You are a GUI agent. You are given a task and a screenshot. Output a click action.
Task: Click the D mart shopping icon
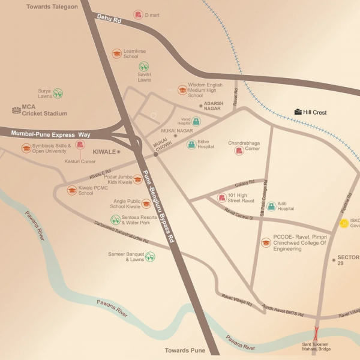[x=139, y=14]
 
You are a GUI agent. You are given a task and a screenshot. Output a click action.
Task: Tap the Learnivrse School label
[x=131, y=54]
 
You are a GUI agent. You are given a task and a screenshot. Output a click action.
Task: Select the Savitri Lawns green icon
[x=144, y=67]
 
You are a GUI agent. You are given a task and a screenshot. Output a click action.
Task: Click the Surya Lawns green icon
[x=58, y=93]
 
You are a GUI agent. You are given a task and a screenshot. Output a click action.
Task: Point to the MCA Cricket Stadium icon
[x=16, y=110]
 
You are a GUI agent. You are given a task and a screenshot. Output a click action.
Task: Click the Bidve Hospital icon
[x=191, y=145]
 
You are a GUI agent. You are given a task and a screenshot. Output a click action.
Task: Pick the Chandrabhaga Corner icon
[x=239, y=151]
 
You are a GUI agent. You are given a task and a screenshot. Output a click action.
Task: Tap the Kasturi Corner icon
[x=80, y=145]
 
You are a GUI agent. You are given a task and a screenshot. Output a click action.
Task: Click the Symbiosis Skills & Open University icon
[x=26, y=148]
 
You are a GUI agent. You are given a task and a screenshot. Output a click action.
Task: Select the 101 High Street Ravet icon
[x=222, y=197]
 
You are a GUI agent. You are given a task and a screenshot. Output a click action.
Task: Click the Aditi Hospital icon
[x=271, y=206]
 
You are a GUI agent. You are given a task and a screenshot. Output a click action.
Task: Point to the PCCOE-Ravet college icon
[x=266, y=242]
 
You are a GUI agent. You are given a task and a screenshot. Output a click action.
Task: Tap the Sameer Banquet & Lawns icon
[x=150, y=256]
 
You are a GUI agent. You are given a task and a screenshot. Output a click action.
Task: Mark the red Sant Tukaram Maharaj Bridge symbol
[x=316, y=334]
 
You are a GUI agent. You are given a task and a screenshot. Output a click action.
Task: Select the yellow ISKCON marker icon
[x=344, y=223]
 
